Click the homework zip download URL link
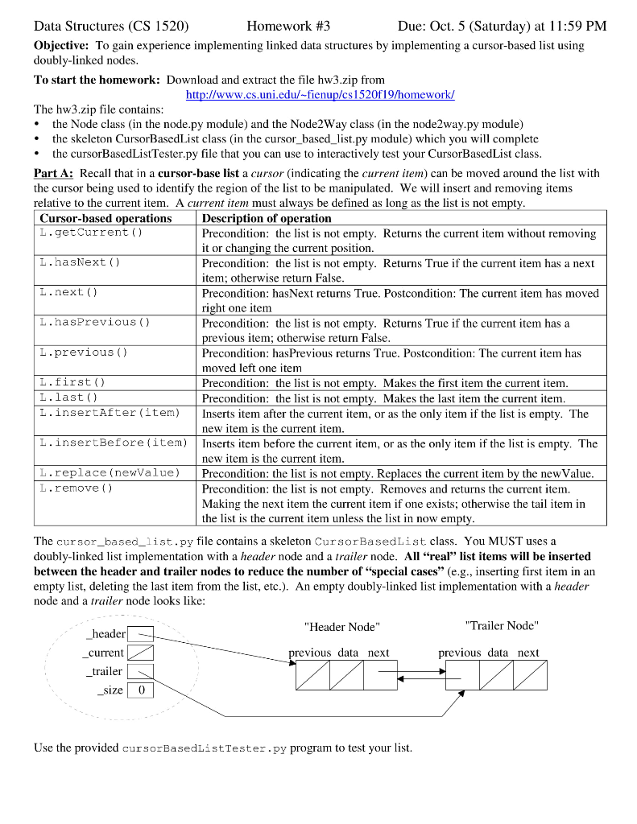click(x=320, y=95)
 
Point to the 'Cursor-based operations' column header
click(x=105, y=218)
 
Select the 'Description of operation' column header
click(x=267, y=218)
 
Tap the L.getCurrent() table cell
click(x=90, y=233)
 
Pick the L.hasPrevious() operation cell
click(x=94, y=322)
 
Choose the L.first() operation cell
click(x=72, y=383)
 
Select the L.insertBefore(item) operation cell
click(x=113, y=443)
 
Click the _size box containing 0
click(x=141, y=690)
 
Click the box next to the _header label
click(x=141, y=634)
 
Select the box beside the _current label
click(x=141, y=653)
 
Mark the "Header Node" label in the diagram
click(x=341, y=627)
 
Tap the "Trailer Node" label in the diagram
click(x=501, y=625)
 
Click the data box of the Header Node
click(x=346, y=675)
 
